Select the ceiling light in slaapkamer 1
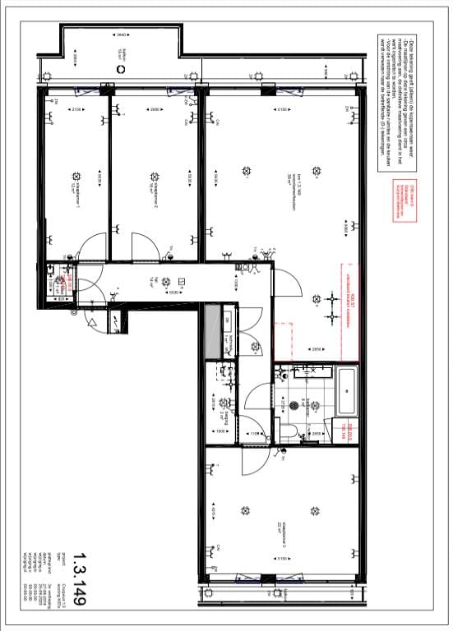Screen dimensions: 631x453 [x=76, y=176]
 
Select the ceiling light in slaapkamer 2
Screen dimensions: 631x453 [x=154, y=176]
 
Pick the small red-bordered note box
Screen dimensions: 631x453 [x=400, y=201]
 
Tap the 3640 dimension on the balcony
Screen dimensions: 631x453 [x=122, y=35]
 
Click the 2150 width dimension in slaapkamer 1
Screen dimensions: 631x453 [x=76, y=110]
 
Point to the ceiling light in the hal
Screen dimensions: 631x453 [x=167, y=280]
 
